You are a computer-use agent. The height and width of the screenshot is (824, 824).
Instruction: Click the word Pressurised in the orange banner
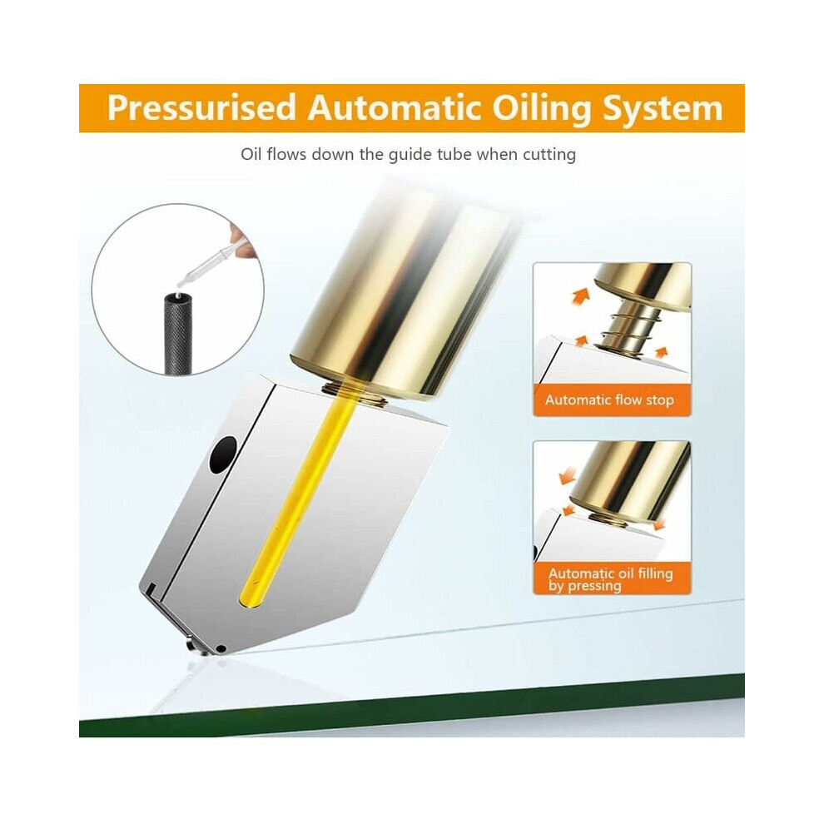[201, 109]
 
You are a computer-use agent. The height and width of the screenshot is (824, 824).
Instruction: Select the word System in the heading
[663, 109]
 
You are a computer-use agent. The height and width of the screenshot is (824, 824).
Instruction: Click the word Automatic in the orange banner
[395, 107]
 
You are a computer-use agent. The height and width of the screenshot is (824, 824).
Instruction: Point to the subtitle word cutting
[549, 155]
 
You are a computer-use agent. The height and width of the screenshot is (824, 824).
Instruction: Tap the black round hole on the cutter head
[223, 455]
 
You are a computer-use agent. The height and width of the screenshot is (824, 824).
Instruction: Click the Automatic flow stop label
[609, 400]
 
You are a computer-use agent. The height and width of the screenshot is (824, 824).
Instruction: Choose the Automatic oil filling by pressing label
[611, 579]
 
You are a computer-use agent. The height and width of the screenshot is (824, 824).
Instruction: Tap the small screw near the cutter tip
[221, 648]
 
